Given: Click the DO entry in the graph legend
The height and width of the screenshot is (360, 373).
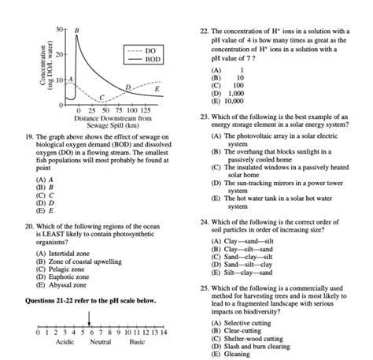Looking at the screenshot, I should tap(152, 50).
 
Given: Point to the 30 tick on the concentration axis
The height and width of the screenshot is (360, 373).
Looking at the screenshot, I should tap(57, 29).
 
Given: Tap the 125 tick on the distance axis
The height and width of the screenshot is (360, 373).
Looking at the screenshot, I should tap(144, 110).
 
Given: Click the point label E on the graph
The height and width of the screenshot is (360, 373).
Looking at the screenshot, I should tap(157, 91).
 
